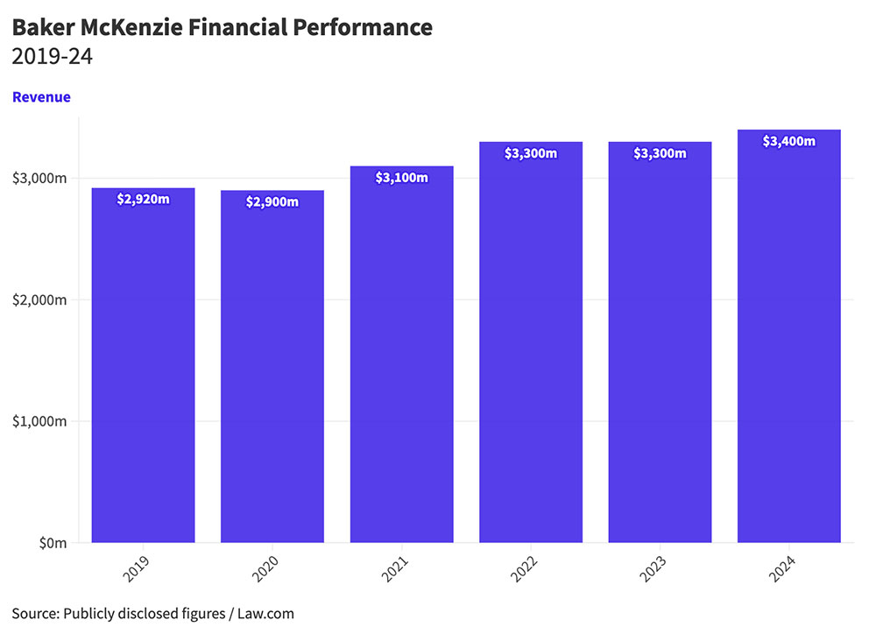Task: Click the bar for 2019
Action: point(143,368)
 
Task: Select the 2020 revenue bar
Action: point(272,368)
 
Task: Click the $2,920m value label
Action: point(143,200)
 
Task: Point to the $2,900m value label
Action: point(272,202)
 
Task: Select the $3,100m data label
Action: point(401,178)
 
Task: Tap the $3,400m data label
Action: point(788,141)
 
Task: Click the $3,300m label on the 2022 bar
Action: point(531,153)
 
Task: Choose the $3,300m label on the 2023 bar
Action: point(660,153)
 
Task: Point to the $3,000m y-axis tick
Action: point(39,179)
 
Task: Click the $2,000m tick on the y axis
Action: point(39,300)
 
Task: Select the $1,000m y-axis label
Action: point(39,421)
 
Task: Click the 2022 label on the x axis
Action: point(524,570)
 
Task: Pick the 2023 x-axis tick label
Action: point(653,570)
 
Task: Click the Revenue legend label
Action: point(41,97)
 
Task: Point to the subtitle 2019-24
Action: point(53,58)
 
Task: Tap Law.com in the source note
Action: point(266,613)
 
